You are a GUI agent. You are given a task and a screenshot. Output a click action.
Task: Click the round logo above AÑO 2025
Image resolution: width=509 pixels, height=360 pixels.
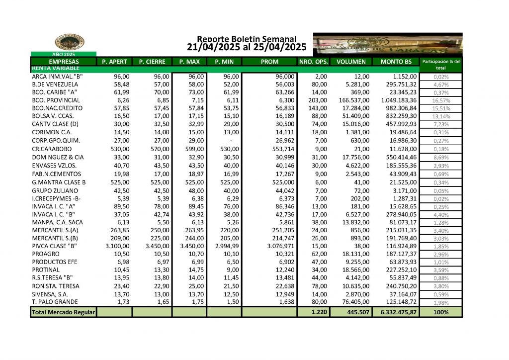click(x=70, y=42)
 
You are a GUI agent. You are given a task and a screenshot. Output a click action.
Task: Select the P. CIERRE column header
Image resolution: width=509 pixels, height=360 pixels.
click(x=152, y=62)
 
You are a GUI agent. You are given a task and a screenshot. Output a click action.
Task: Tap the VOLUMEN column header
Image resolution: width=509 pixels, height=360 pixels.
click(x=351, y=62)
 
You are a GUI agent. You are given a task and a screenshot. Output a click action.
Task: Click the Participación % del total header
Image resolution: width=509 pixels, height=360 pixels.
click(x=441, y=64)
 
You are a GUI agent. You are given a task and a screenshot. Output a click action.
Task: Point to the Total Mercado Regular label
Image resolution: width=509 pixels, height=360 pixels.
click(x=63, y=312)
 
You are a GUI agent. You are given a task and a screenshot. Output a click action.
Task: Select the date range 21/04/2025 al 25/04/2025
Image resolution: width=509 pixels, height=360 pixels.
click(x=247, y=48)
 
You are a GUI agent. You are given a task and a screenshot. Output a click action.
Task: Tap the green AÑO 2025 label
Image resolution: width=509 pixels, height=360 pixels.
click(x=63, y=54)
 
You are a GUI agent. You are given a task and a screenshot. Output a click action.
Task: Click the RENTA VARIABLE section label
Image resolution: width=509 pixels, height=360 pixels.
click(x=55, y=68)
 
